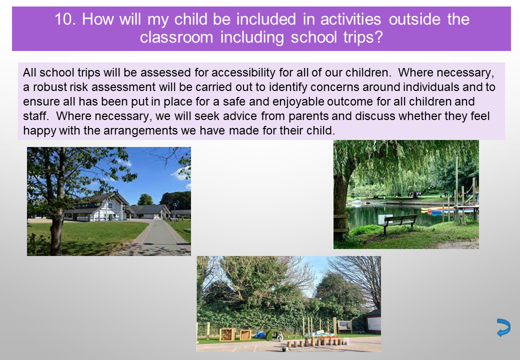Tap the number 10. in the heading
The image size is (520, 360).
(65, 19)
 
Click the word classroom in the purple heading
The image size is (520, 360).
(176, 37)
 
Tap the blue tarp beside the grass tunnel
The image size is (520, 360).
(259, 335)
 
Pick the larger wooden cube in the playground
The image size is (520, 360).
(227, 334)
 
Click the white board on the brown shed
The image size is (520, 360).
(373, 326)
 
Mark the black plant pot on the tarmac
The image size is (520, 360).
(283, 348)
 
